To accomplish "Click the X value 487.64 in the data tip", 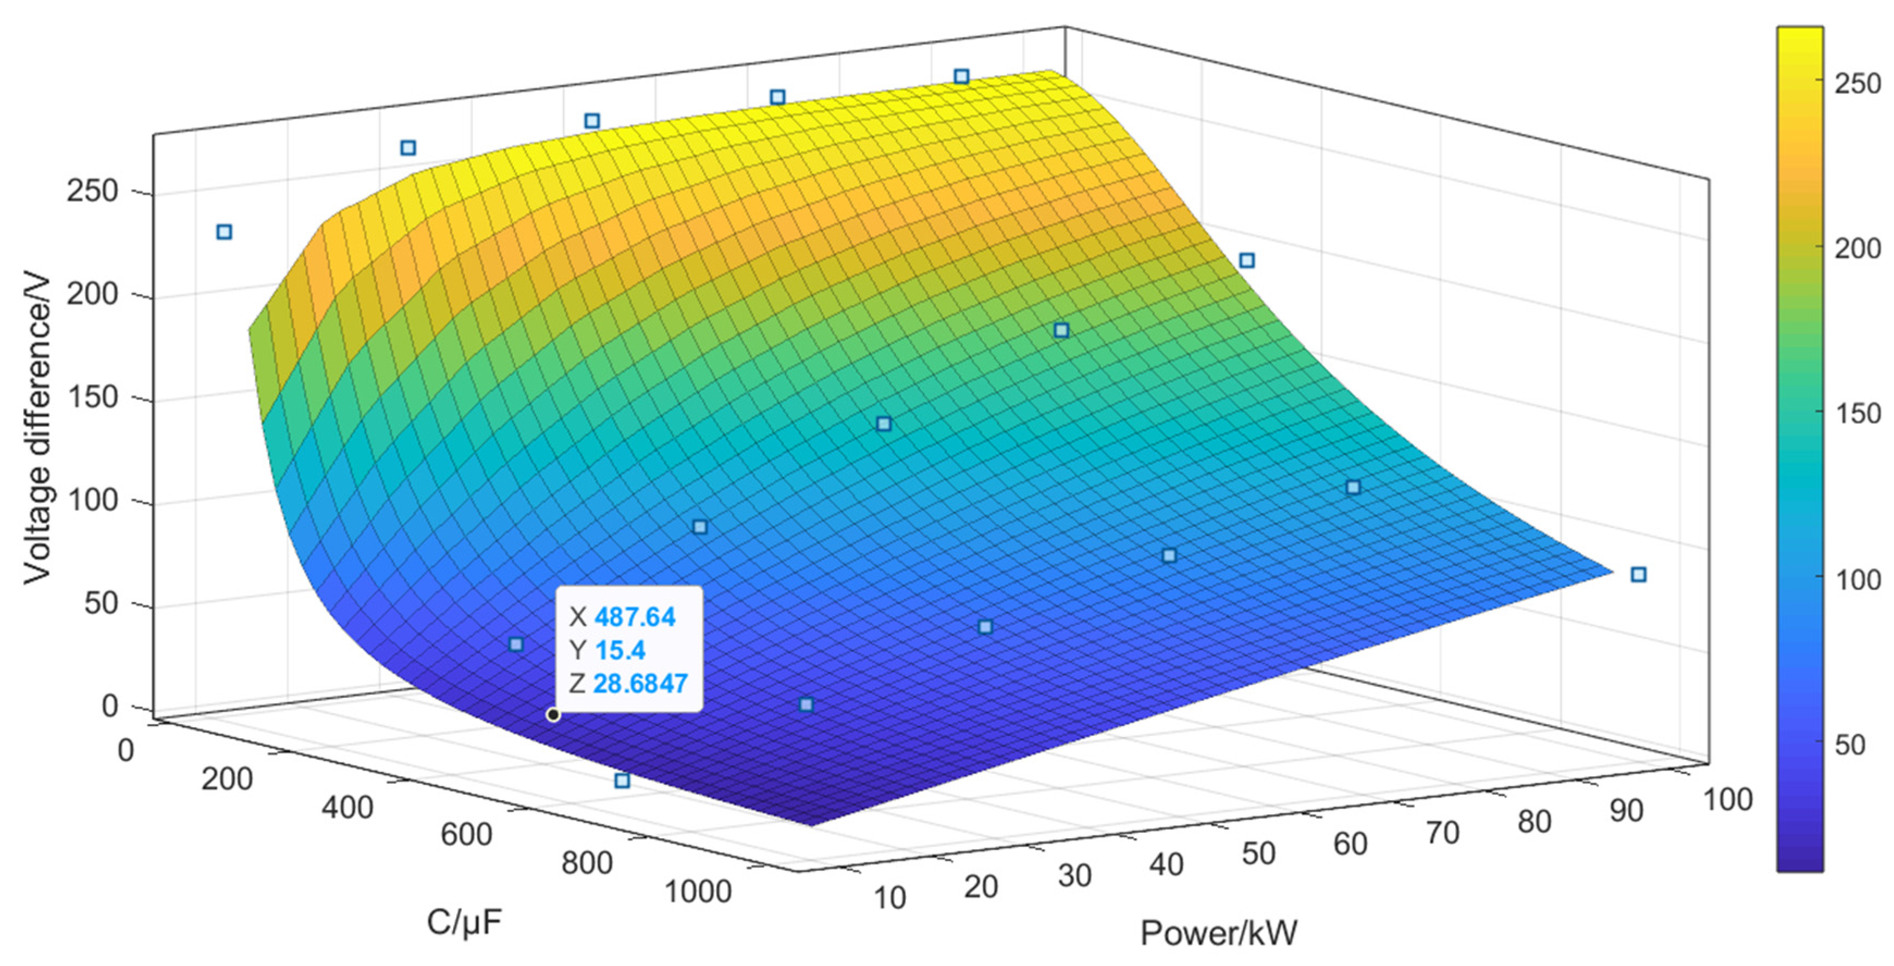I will [635, 617].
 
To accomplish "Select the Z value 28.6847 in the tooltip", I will [640, 684].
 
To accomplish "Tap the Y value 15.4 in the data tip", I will [620, 651].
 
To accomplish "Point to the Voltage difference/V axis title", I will [37, 430].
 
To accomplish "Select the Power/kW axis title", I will [1218, 933].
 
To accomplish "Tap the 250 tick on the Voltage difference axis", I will [92, 192].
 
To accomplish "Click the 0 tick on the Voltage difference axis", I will [109, 707].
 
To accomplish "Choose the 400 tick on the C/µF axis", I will [347, 808].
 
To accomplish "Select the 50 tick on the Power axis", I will [1258, 853].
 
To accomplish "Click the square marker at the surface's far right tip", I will [1638, 575].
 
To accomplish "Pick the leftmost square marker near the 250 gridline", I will [224, 232].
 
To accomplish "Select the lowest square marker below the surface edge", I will [622, 781].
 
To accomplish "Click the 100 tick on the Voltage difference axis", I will [92, 500].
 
